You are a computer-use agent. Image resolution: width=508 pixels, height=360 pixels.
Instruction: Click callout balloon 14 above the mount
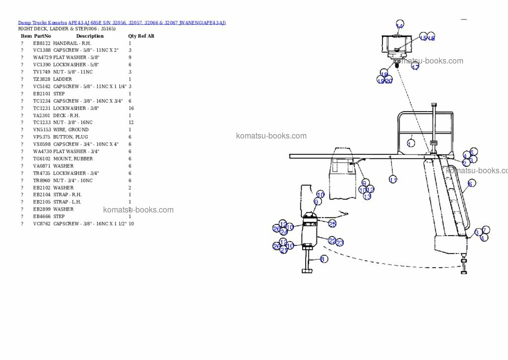(400, 25)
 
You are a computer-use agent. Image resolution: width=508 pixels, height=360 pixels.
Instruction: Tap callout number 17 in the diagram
(415, 66)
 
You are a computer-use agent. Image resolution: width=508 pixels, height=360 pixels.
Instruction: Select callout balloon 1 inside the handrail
(411, 143)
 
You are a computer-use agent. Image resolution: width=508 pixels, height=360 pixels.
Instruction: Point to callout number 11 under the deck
(393, 180)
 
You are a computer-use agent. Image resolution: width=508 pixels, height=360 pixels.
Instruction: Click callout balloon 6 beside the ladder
(471, 183)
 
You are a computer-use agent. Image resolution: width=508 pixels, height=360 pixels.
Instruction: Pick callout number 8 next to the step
(324, 259)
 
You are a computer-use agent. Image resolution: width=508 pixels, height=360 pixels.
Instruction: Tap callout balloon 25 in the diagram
(332, 224)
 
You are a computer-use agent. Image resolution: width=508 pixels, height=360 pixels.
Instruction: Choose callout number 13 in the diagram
(367, 196)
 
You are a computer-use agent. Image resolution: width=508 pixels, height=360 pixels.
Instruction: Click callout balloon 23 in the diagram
(340, 243)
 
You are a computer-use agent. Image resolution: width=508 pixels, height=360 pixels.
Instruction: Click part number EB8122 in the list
(42, 43)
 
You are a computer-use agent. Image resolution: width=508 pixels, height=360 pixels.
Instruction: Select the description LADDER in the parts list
(63, 79)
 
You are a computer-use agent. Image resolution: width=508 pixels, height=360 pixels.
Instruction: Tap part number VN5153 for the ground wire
(42, 130)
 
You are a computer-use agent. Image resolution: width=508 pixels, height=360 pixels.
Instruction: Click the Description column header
(90, 36)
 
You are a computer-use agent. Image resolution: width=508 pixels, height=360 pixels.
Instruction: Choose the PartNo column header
(42, 36)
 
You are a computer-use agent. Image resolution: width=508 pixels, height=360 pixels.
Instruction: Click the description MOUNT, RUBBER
(73, 159)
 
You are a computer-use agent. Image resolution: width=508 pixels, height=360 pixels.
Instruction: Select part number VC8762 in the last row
(42, 224)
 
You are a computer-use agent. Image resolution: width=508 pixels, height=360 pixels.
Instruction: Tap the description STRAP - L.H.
(67, 202)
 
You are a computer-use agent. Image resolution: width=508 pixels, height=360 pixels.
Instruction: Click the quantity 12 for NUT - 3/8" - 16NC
(131, 123)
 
